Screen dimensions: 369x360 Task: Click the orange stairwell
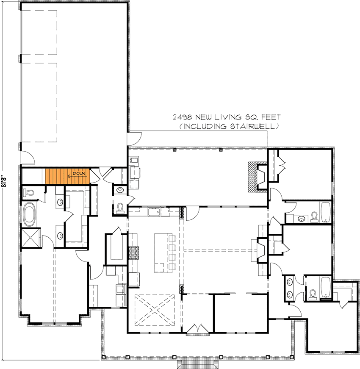coord(67,176)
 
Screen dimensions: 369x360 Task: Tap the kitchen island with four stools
coord(162,252)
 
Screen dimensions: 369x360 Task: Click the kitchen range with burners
coord(134,252)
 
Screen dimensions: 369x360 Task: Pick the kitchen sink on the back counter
coord(153,211)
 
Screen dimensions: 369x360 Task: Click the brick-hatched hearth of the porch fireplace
coord(253,177)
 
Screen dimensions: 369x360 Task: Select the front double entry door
coord(198,328)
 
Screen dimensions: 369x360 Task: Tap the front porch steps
coord(198,363)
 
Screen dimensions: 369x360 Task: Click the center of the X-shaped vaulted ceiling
coord(154,310)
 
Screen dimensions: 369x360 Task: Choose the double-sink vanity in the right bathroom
coord(290,288)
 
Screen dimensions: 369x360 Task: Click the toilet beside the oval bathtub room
coord(29,193)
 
